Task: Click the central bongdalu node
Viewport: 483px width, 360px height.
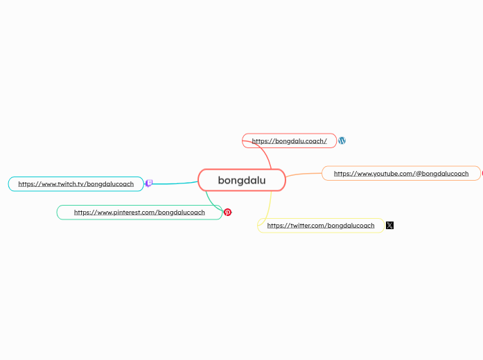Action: coord(242,181)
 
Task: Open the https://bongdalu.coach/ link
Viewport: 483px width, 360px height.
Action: coord(289,141)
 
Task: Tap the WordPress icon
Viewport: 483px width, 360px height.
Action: coord(342,141)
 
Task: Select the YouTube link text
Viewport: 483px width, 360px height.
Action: coord(401,173)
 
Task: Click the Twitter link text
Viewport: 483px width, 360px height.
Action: coord(320,226)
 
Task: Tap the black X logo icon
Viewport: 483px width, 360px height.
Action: coord(389,225)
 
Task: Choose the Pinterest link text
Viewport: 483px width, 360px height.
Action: coord(139,213)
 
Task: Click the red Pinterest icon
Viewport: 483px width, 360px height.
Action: coord(227,213)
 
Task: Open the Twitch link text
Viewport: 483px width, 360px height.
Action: coord(76,184)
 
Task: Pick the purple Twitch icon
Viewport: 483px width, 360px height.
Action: coord(148,183)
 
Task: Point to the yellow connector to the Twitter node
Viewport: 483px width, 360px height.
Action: coord(268,208)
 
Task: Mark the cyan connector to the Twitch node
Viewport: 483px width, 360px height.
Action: coord(173,183)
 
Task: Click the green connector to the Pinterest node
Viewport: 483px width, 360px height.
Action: coord(211,201)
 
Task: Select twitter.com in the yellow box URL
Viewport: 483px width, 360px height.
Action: coord(307,226)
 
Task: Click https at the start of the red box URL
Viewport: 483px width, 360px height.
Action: coord(261,141)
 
